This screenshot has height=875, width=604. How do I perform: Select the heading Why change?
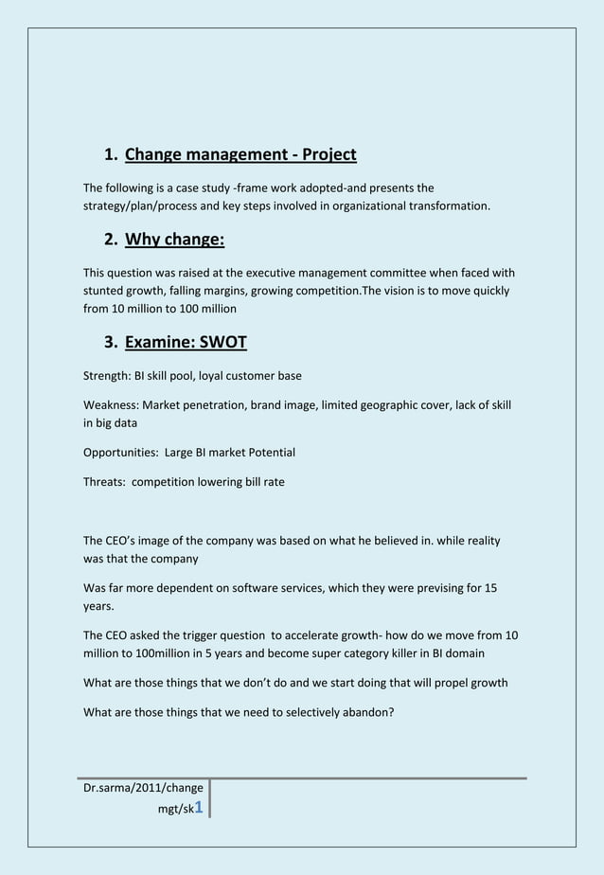(x=174, y=240)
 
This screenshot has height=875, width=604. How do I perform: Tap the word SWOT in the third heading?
(x=222, y=342)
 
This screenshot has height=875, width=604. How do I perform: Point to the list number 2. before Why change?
(x=111, y=240)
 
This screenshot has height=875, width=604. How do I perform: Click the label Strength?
(x=107, y=376)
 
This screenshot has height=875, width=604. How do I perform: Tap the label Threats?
(x=105, y=482)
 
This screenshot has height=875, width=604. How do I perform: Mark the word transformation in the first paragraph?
(x=450, y=205)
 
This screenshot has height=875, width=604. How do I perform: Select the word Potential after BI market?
(x=272, y=453)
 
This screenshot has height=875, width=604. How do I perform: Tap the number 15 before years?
(x=490, y=588)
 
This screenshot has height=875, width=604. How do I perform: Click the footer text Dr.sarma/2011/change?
(x=143, y=788)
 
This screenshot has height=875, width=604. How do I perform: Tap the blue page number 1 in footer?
(x=199, y=807)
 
